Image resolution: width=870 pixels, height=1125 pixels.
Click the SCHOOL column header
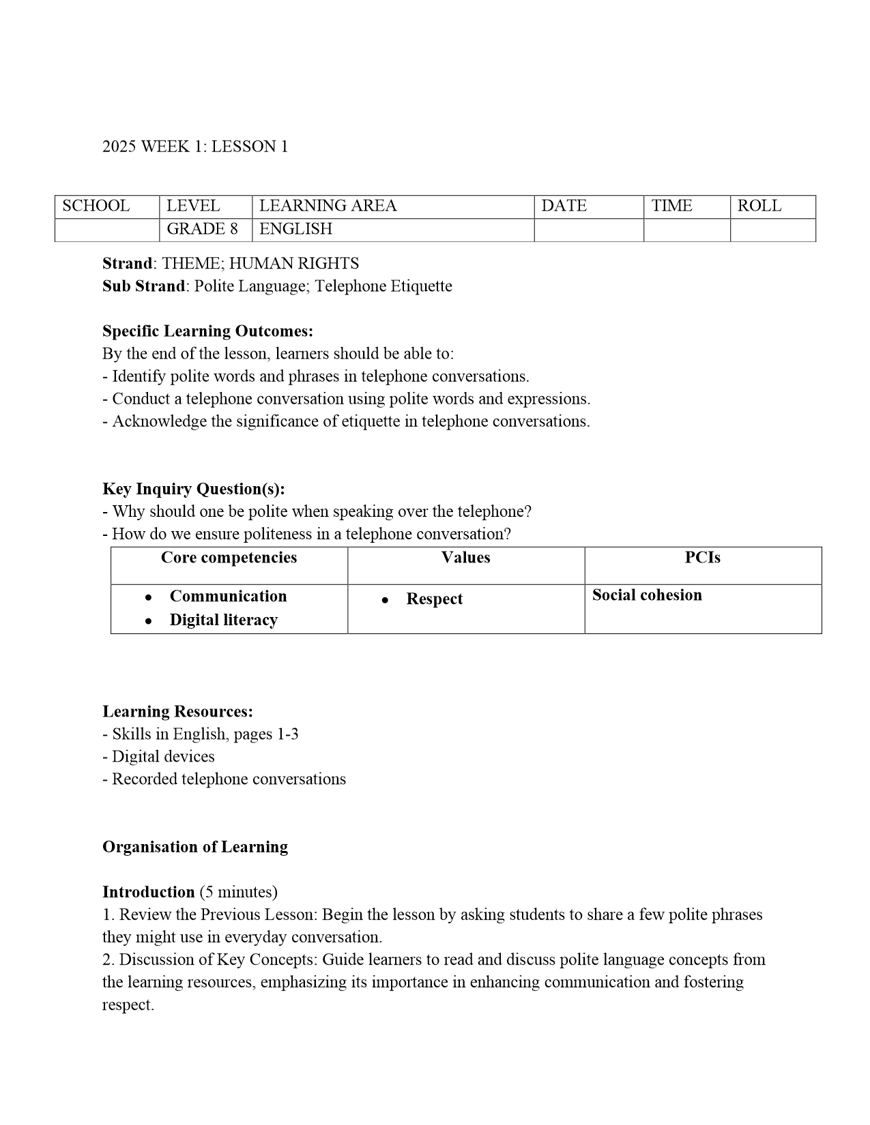pos(96,206)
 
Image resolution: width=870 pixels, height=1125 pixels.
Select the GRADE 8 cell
pos(202,229)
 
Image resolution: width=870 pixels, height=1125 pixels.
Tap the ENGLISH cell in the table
pos(295,229)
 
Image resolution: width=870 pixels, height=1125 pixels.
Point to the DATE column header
pos(564,206)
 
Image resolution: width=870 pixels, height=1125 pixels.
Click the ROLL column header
pos(759,206)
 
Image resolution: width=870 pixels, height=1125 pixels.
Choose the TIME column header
pos(671,206)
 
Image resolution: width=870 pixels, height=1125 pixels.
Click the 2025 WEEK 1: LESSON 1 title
pos(195,147)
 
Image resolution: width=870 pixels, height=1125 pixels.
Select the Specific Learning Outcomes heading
pos(207,331)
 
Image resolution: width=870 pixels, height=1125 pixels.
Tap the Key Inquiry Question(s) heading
pos(194,489)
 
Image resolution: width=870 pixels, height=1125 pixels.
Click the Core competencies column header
pos(229,558)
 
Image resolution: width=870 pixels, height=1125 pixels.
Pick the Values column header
pos(465,558)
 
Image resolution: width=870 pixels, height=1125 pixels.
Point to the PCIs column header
pos(702,558)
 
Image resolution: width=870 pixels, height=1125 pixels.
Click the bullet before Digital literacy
pos(148,620)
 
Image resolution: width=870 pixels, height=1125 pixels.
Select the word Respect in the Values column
pos(434,599)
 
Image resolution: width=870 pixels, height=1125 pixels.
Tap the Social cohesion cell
pos(646,595)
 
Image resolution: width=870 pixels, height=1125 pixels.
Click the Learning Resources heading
pos(177,712)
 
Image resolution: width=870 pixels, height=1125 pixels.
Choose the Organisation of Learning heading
pos(195,847)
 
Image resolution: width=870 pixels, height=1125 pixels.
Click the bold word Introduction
pos(149,892)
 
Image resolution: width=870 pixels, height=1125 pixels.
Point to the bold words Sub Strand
pos(143,286)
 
